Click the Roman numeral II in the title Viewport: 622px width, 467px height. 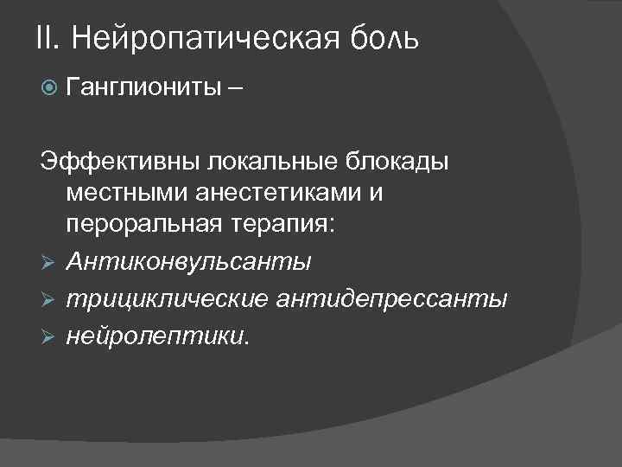(48, 38)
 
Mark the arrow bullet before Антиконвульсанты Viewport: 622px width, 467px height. (49, 261)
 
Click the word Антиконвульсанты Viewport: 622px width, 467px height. (189, 260)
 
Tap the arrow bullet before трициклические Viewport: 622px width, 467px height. (49, 300)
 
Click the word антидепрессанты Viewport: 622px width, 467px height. (393, 299)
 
